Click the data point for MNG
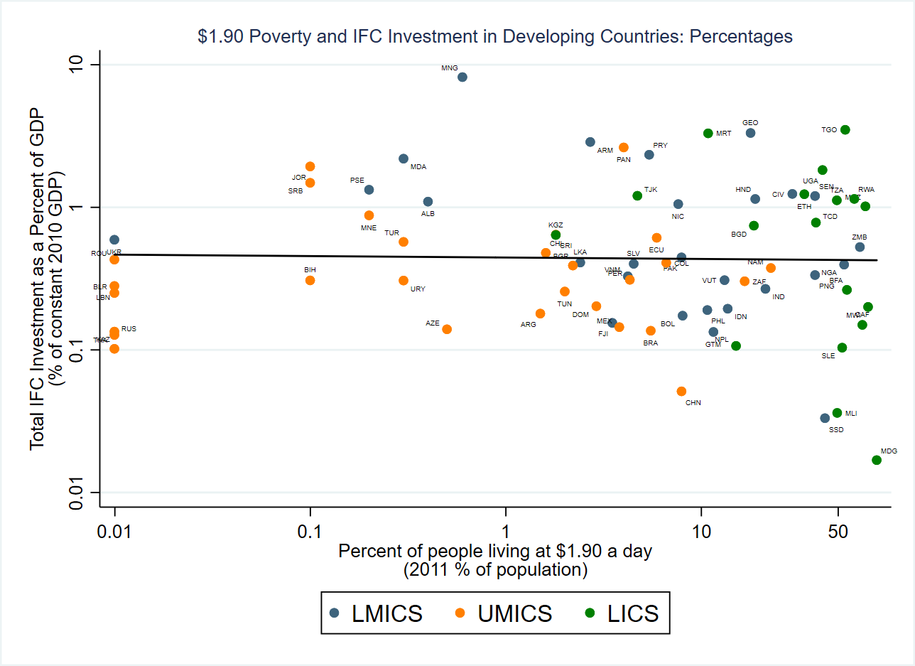462,77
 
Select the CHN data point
681,391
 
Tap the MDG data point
877,460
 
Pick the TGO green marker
845,129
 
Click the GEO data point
750,133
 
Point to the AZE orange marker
447,329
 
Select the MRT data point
708,133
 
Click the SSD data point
825,418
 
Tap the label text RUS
129,329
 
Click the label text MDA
418,167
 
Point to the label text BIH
310,270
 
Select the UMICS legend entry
505,613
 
